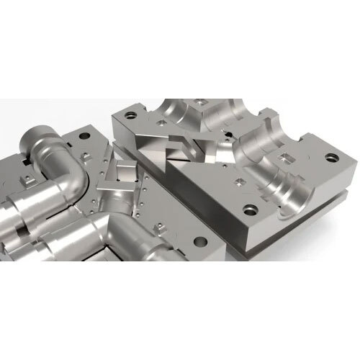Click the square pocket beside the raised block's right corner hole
click(290, 156)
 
